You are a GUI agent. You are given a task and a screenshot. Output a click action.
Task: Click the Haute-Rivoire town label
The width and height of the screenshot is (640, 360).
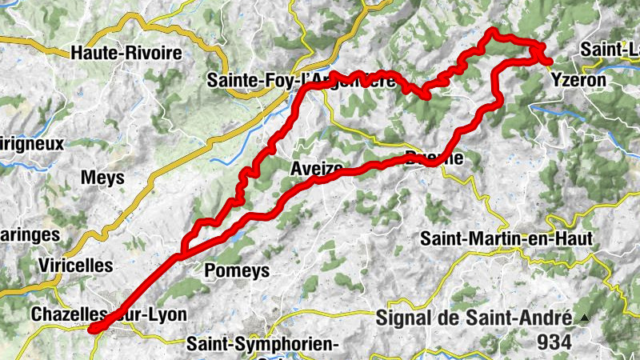[126, 54]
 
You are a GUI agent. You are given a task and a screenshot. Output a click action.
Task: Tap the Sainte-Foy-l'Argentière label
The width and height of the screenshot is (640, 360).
[301, 81]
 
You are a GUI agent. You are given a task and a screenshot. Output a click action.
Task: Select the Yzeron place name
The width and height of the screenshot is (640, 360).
[580, 81]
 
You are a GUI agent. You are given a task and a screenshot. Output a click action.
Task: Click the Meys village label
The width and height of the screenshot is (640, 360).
[103, 178]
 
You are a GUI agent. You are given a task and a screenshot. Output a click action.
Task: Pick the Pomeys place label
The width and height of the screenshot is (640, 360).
[237, 270]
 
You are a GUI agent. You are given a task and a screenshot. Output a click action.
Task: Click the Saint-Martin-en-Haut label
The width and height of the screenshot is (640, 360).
[506, 238]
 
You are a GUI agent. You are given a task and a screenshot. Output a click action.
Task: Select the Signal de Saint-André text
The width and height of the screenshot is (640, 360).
[474, 318]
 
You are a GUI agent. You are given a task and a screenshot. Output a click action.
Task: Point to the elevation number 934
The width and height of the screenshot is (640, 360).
[555, 342]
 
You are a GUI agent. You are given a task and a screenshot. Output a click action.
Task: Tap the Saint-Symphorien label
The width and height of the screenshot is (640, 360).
[264, 344]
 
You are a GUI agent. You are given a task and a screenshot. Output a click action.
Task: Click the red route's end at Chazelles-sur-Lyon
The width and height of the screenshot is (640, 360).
[93, 328]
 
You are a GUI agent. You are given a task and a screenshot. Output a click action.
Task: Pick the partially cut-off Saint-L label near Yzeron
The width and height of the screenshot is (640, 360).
[610, 49]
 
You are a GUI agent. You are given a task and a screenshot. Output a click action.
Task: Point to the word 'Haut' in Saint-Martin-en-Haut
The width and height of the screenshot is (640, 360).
[572, 238]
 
